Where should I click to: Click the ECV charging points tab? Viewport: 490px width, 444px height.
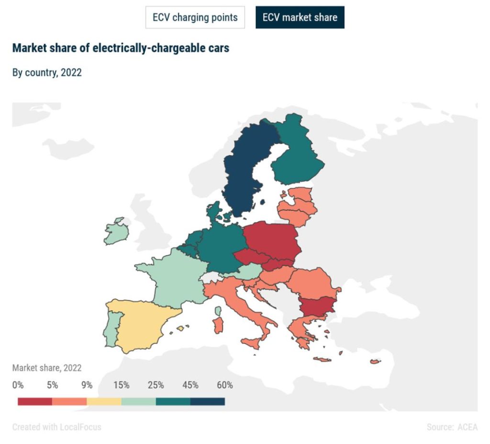[x=195, y=18]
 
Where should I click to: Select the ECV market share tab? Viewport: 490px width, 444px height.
[x=300, y=18]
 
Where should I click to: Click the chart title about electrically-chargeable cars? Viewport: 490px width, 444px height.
[x=121, y=48]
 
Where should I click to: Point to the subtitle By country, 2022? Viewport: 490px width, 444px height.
[x=47, y=73]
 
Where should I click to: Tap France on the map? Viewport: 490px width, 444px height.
[x=170, y=280]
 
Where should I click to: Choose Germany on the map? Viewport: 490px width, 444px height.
[x=220, y=249]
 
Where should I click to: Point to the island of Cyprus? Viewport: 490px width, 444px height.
[x=375, y=361]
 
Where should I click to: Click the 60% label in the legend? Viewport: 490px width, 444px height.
[x=225, y=385]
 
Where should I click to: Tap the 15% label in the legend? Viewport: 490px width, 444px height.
[x=122, y=385]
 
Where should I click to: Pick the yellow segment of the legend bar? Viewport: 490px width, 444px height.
[x=104, y=401]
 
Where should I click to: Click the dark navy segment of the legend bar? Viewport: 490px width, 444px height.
[x=207, y=401]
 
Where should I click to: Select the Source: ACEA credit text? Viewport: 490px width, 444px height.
[x=452, y=427]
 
